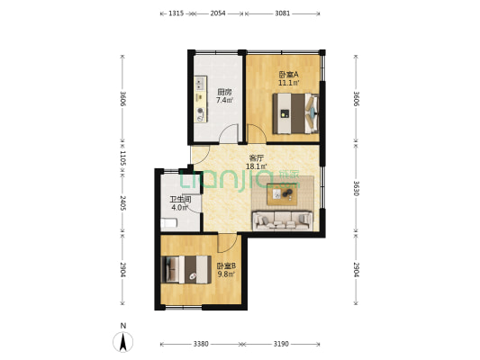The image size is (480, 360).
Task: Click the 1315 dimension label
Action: [x=177, y=13]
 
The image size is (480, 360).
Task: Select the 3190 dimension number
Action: [x=281, y=343]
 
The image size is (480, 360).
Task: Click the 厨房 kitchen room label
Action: [x=224, y=92]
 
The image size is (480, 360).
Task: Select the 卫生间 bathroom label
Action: [x=181, y=201]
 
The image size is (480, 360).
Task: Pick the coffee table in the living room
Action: [x=282, y=193]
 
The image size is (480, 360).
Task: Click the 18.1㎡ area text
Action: [x=257, y=166]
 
